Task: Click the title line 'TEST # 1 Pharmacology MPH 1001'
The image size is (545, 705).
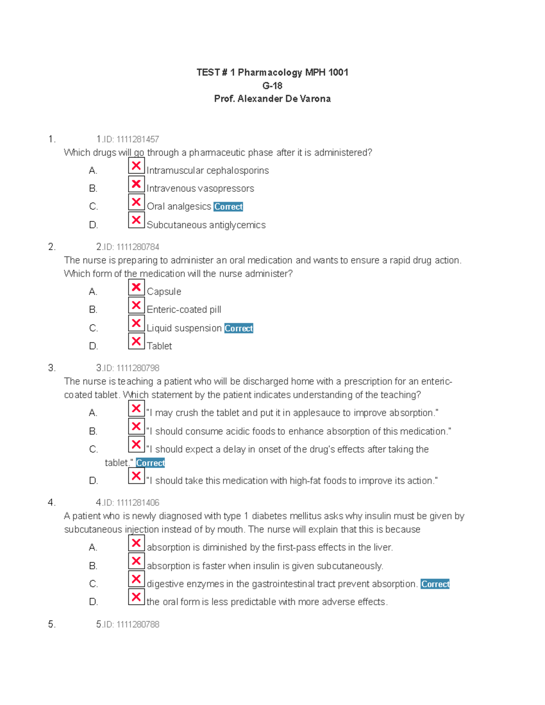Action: click(x=272, y=73)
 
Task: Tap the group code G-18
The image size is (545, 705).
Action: click(x=272, y=86)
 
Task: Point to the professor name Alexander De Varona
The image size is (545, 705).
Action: click(x=284, y=99)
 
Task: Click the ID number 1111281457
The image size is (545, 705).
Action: click(x=138, y=139)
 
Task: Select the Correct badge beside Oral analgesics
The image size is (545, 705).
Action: click(x=228, y=207)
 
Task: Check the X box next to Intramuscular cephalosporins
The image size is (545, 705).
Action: click(x=136, y=166)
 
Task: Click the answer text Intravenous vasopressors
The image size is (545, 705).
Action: click(x=200, y=188)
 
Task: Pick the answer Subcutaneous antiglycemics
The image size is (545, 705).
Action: click(x=206, y=225)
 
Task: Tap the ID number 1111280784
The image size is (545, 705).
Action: click(x=138, y=247)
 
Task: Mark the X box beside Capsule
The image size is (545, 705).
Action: click(x=136, y=287)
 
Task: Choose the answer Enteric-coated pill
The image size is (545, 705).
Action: click(x=184, y=310)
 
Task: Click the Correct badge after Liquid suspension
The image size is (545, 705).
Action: click(x=238, y=328)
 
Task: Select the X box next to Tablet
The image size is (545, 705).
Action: click(x=136, y=341)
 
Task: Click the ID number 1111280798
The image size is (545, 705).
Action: click(x=138, y=368)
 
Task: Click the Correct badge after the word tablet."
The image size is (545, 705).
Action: click(x=150, y=463)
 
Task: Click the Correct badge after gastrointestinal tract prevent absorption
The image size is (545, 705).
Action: click(x=435, y=584)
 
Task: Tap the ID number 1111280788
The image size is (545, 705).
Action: click(x=138, y=625)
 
